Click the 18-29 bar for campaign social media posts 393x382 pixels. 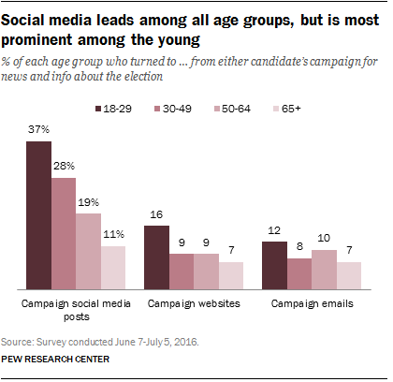(37, 218)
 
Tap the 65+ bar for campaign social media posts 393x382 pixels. (112, 268)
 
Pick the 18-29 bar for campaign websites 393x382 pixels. (155, 257)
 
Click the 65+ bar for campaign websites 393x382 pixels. (229, 275)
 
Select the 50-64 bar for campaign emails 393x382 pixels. (324, 270)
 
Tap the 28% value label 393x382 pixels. (63, 167)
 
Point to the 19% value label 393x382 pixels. (88, 202)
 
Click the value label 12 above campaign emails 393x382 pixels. (273, 230)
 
